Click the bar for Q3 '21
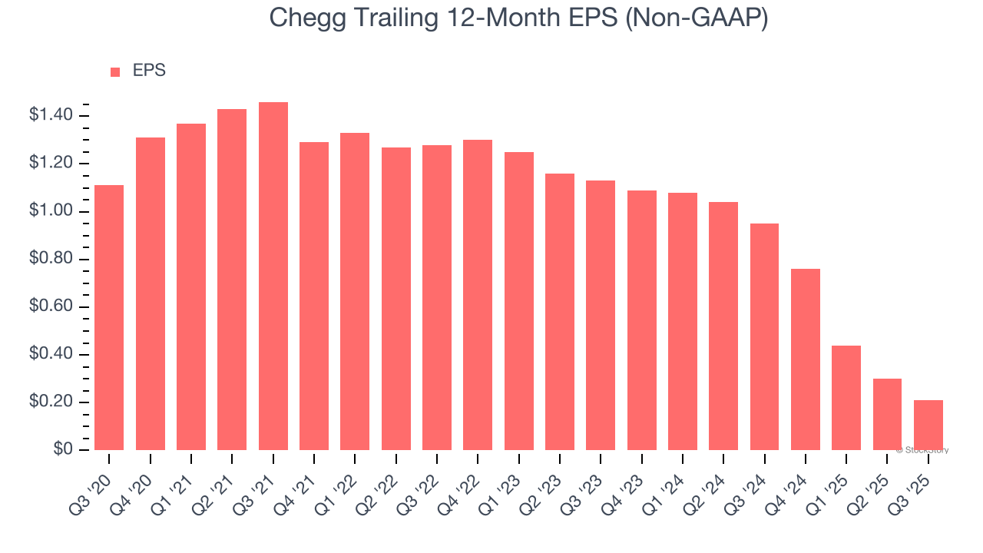[x=273, y=276]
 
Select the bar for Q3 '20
[x=109, y=317]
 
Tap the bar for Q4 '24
[x=806, y=359]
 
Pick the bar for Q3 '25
[x=928, y=425]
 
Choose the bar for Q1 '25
[x=846, y=398]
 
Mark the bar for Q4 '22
[x=478, y=295]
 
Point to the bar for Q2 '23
[x=560, y=312]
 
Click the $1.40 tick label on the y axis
[x=51, y=116]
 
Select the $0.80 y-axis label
[x=51, y=260]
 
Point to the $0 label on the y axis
[x=63, y=450]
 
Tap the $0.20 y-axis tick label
[x=51, y=402]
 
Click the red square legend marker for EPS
[x=115, y=72]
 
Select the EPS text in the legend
[x=149, y=71]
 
